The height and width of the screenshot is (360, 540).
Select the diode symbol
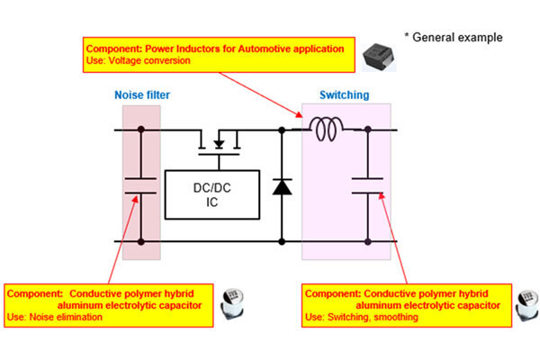[x=282, y=187]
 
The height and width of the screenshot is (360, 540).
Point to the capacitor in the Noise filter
[x=140, y=186]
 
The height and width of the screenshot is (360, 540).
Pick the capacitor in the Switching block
[x=367, y=185]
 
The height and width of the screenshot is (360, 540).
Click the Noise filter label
[x=141, y=94]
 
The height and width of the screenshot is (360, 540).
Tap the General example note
[x=453, y=37]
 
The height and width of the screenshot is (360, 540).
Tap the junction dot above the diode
[x=282, y=130]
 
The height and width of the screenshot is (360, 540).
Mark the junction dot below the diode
[x=282, y=241]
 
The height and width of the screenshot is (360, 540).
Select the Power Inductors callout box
[x=215, y=54]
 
